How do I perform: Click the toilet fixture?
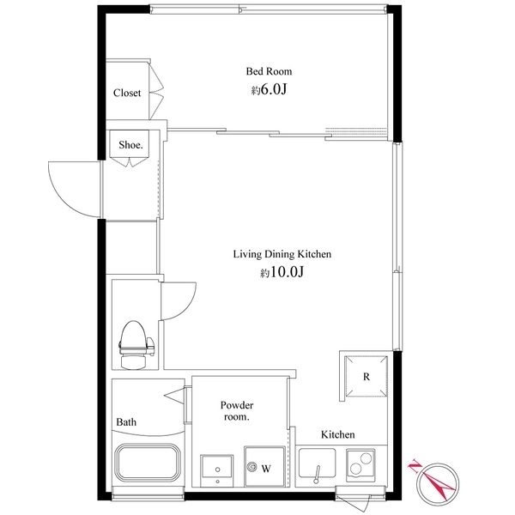136,344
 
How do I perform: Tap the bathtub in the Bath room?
147,462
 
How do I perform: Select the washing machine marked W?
264,466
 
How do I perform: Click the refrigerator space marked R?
366,377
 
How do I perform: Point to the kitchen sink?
318,464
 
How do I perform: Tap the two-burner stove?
360,463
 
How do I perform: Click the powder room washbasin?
217,470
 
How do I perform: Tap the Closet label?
127,93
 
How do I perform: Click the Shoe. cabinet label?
130,145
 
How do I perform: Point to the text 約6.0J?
269,89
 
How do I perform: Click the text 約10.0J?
282,272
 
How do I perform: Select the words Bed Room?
269,71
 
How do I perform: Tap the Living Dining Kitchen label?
282,254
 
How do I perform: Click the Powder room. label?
237,411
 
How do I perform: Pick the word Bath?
126,422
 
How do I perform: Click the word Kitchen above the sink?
337,434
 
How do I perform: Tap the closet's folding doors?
155,90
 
